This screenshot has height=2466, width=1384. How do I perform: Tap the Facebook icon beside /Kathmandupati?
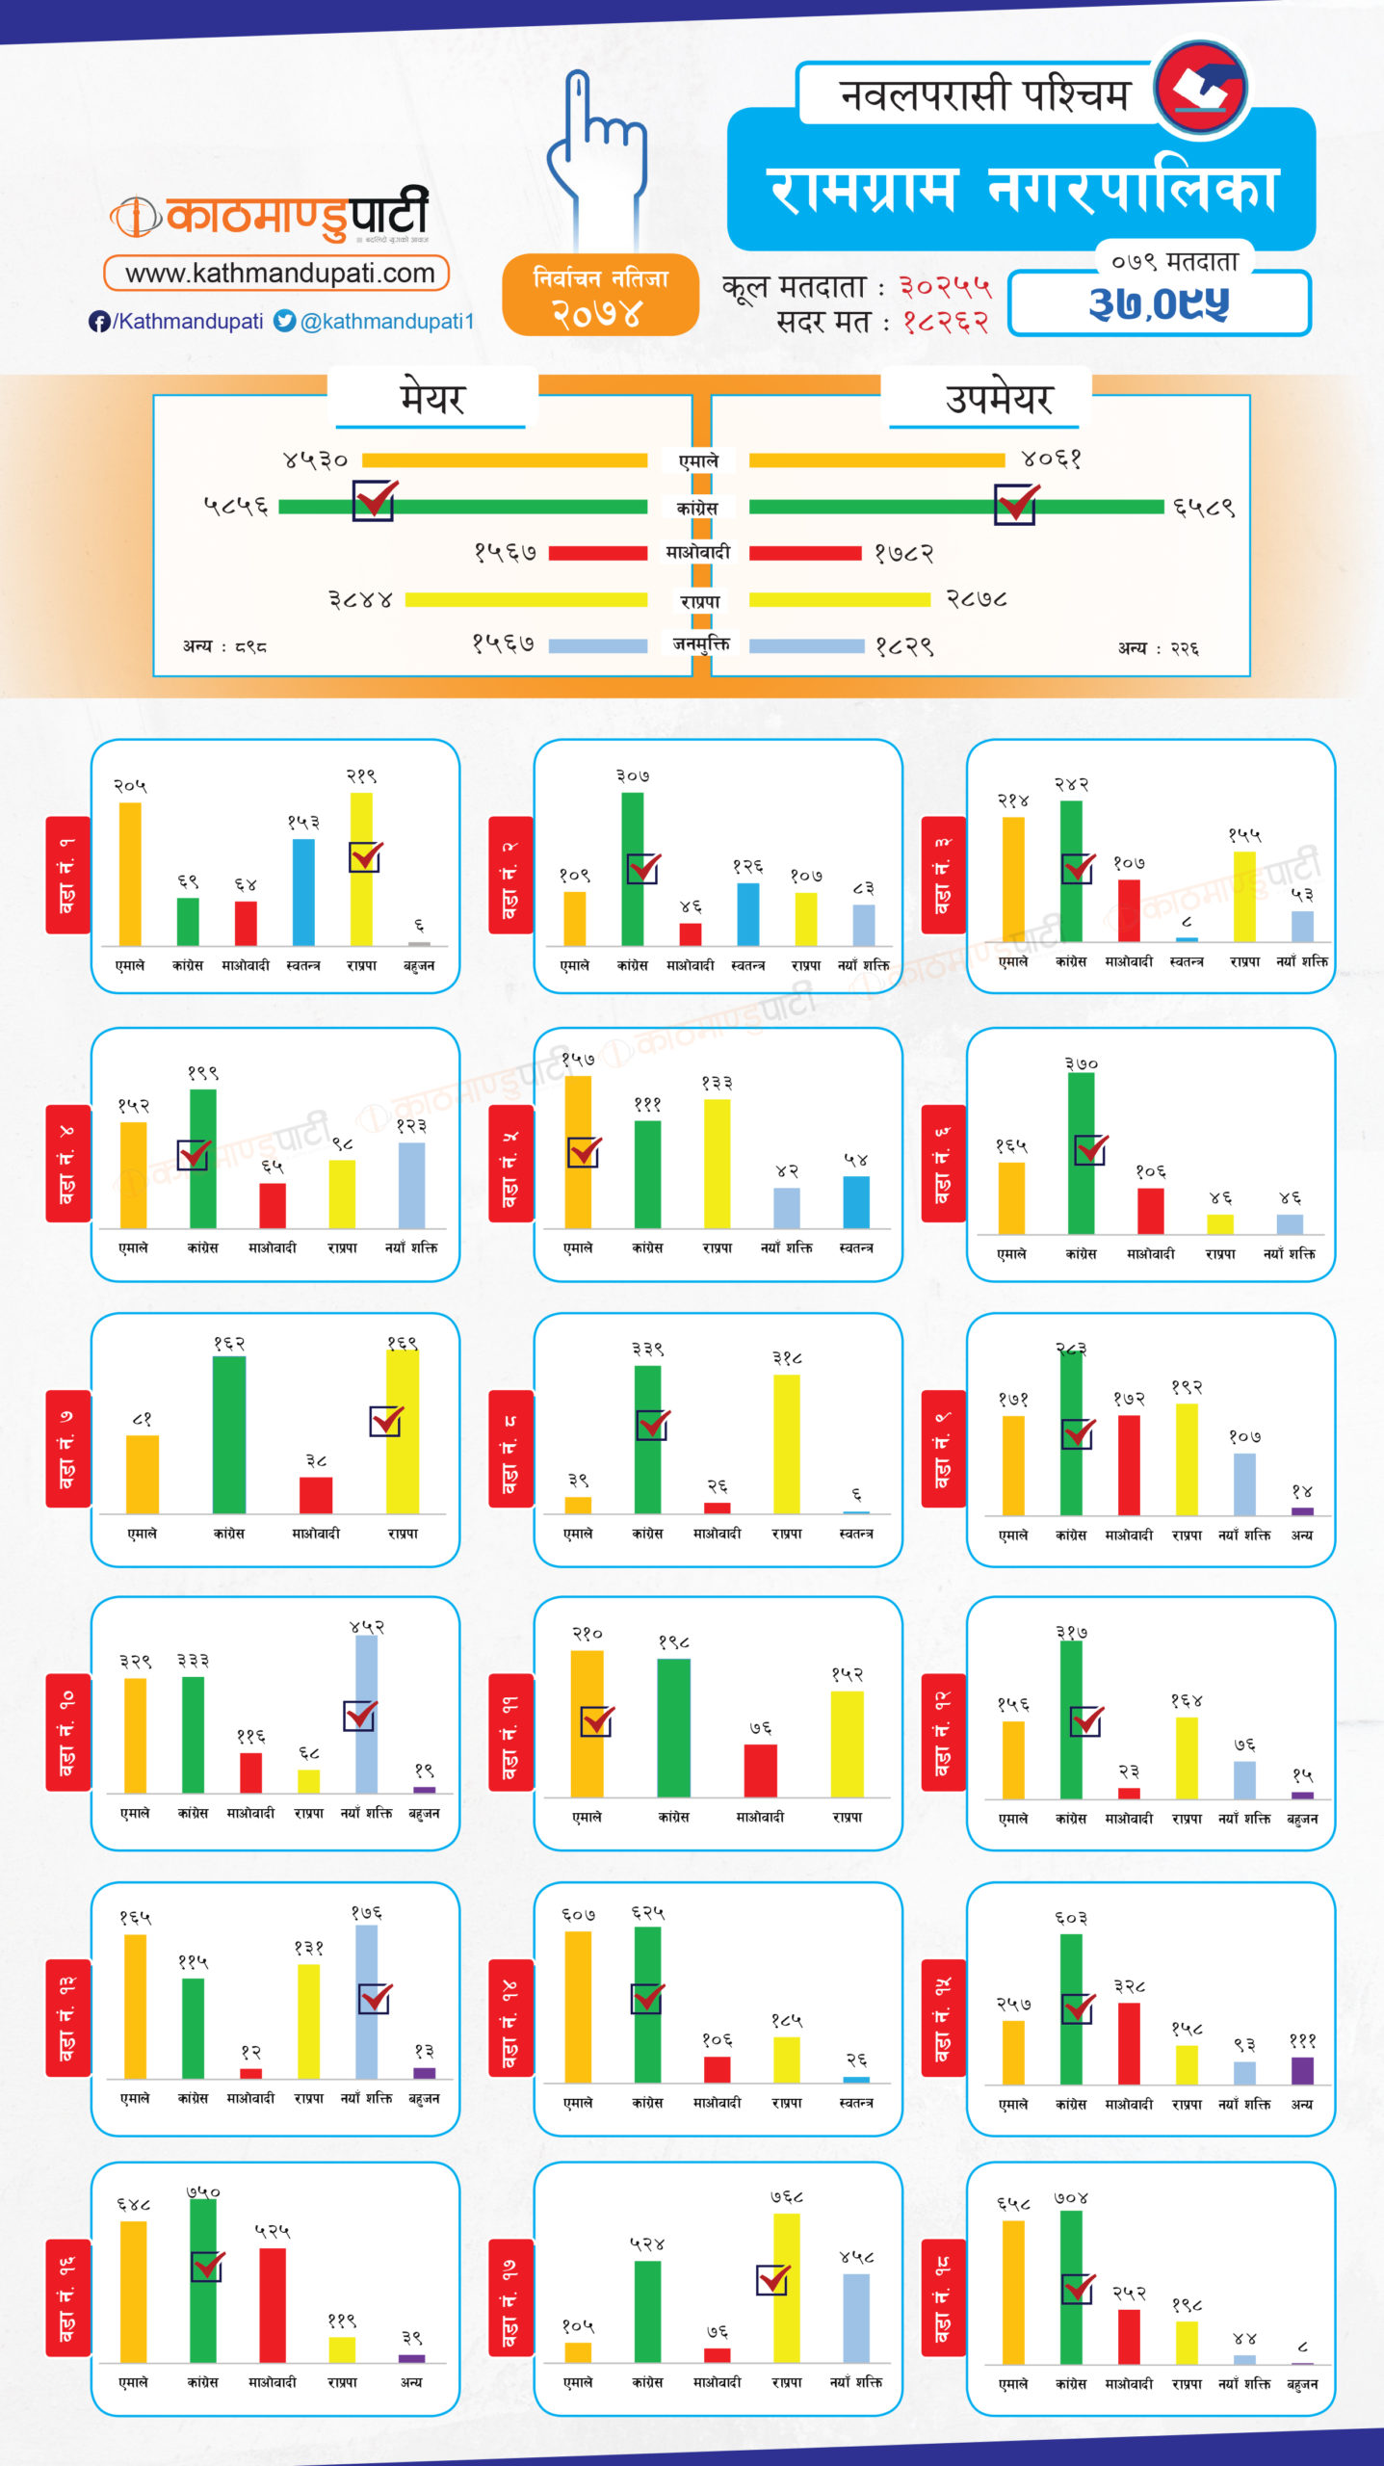(98, 322)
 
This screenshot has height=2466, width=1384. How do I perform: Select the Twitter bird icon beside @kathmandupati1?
(284, 321)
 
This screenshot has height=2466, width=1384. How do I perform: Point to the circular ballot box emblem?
(1200, 88)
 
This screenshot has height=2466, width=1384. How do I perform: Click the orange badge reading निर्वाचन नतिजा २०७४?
(600, 296)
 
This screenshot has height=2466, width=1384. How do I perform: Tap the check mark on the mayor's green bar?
(374, 500)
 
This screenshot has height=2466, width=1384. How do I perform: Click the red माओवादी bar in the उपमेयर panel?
(804, 553)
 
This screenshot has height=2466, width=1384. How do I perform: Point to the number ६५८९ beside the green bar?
(1204, 508)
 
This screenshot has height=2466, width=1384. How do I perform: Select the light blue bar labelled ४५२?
(366, 1714)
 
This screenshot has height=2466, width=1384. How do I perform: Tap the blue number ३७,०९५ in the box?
(1160, 303)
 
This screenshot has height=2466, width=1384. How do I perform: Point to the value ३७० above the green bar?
(1081, 1064)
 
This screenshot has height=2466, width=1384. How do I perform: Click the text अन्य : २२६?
(1158, 649)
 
